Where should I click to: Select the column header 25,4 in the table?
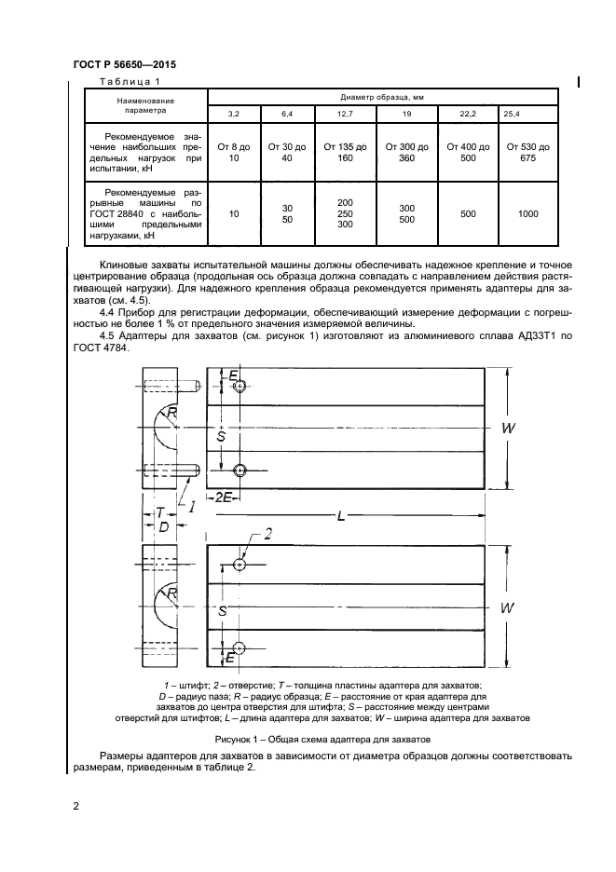[513, 114]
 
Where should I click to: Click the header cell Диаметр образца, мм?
[381, 96]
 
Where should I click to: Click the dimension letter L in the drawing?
[341, 515]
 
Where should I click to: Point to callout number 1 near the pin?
[190, 507]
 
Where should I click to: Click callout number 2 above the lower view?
[267, 534]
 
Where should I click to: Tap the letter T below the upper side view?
[160, 512]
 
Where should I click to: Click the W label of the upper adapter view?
[508, 428]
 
